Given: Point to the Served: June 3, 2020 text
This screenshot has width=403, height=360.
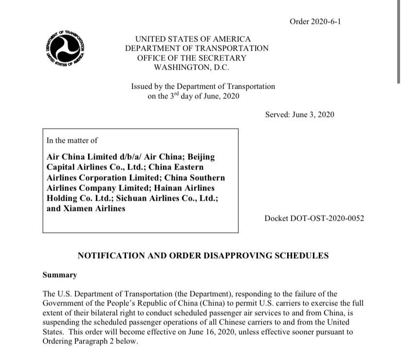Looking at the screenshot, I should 300,114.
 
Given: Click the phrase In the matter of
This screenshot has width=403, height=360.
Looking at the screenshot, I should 72,140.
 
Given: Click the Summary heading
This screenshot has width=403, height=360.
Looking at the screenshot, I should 60,275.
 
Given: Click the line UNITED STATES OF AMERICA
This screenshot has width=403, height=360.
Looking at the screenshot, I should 193,39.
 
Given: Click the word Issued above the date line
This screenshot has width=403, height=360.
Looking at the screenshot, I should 142,86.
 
